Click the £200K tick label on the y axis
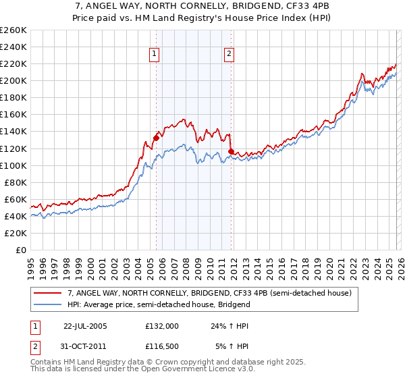(13, 81)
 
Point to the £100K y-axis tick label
(13, 165)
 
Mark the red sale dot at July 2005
(156, 138)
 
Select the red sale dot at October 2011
(231, 151)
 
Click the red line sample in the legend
(48, 294)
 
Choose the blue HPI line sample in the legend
(48, 304)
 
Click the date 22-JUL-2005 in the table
(85, 325)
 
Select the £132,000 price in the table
(161, 325)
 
